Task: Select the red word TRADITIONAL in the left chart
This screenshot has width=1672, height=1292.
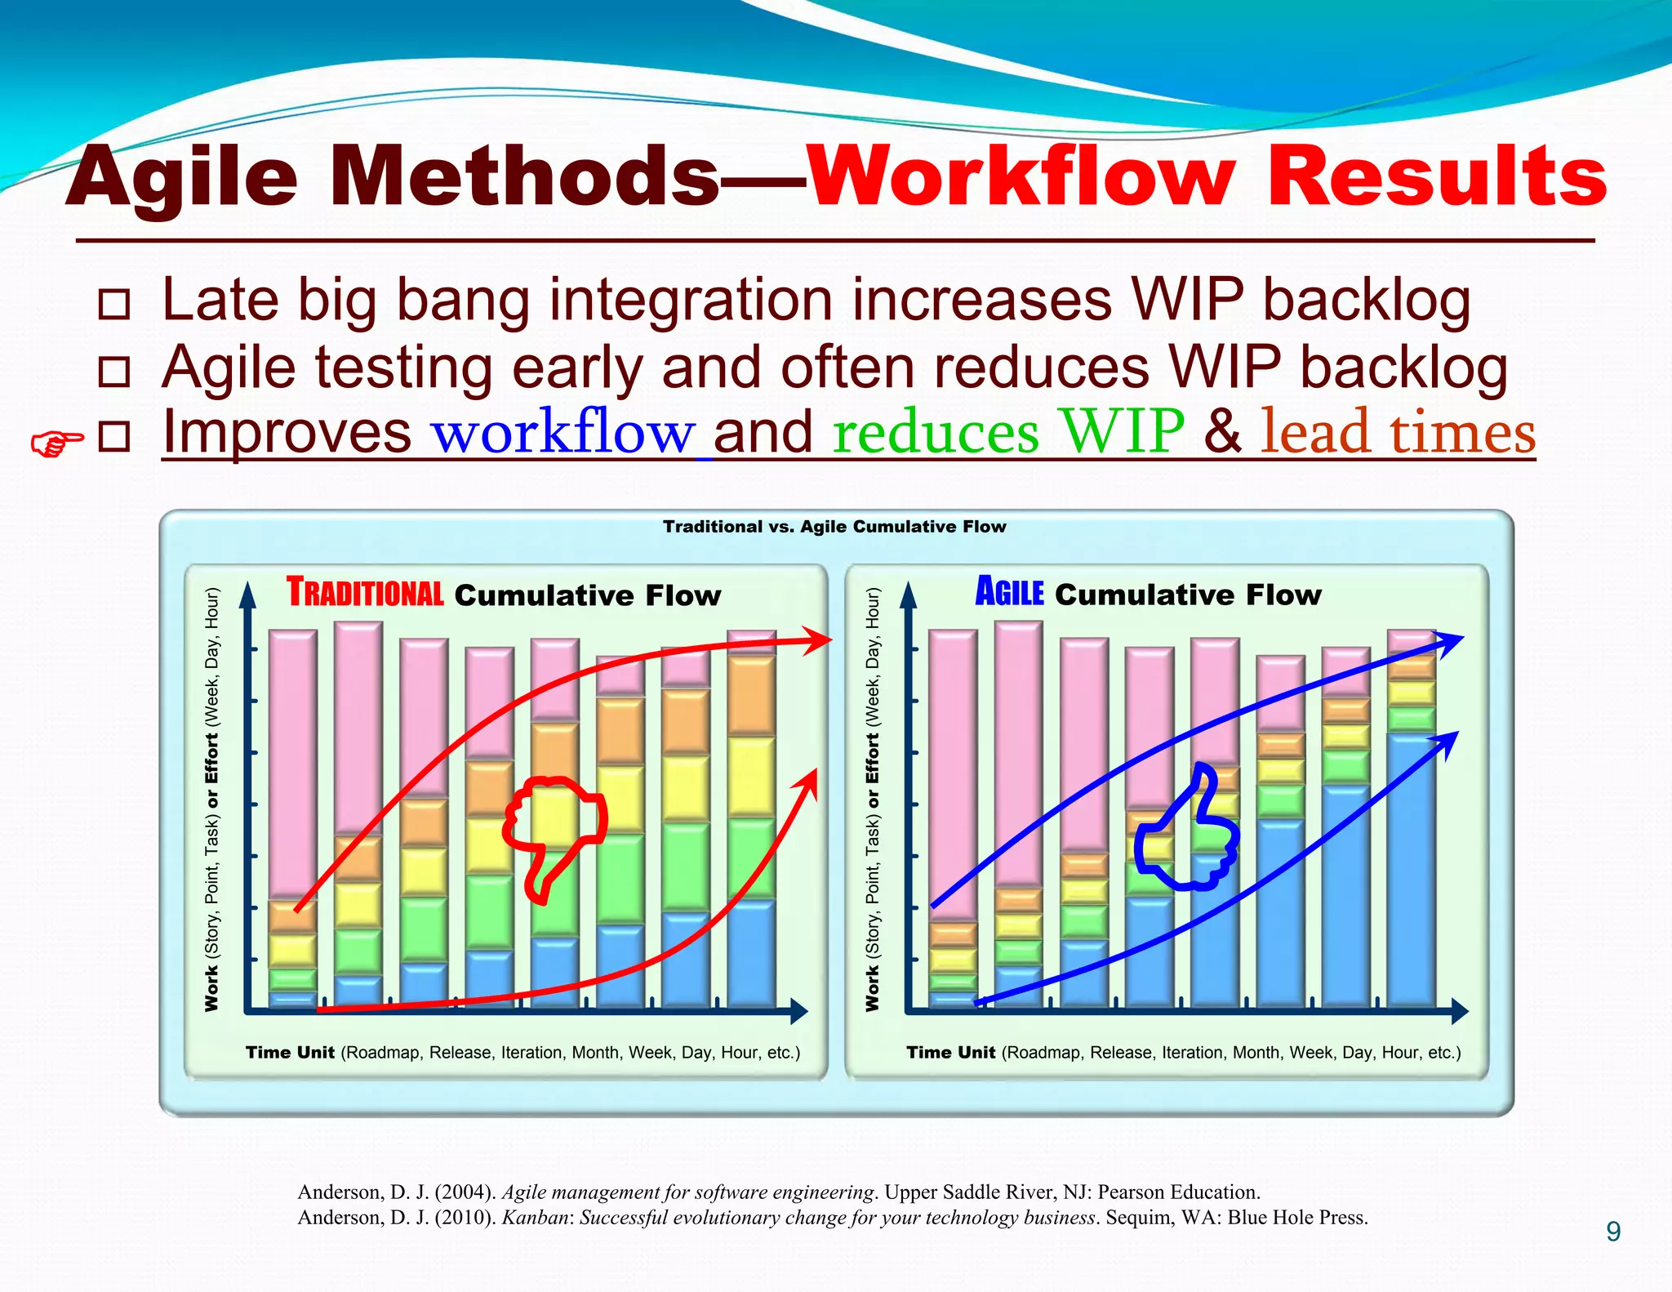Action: coord(364,593)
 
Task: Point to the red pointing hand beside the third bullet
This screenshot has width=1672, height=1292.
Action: coord(56,443)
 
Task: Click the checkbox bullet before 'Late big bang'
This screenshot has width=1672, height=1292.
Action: coord(113,304)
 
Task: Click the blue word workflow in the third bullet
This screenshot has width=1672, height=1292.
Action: coord(563,433)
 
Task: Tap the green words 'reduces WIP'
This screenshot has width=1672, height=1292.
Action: coord(1007,433)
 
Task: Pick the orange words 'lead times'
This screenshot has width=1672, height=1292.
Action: coord(1398,433)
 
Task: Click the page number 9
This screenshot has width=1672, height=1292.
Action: coord(1612,1232)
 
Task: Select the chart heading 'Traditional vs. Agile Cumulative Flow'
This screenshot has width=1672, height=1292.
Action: coord(834,527)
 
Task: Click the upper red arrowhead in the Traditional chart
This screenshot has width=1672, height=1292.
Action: coord(819,640)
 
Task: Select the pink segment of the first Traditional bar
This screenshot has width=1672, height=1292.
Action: coord(292,764)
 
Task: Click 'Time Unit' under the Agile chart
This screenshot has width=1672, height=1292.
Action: coord(950,1052)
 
